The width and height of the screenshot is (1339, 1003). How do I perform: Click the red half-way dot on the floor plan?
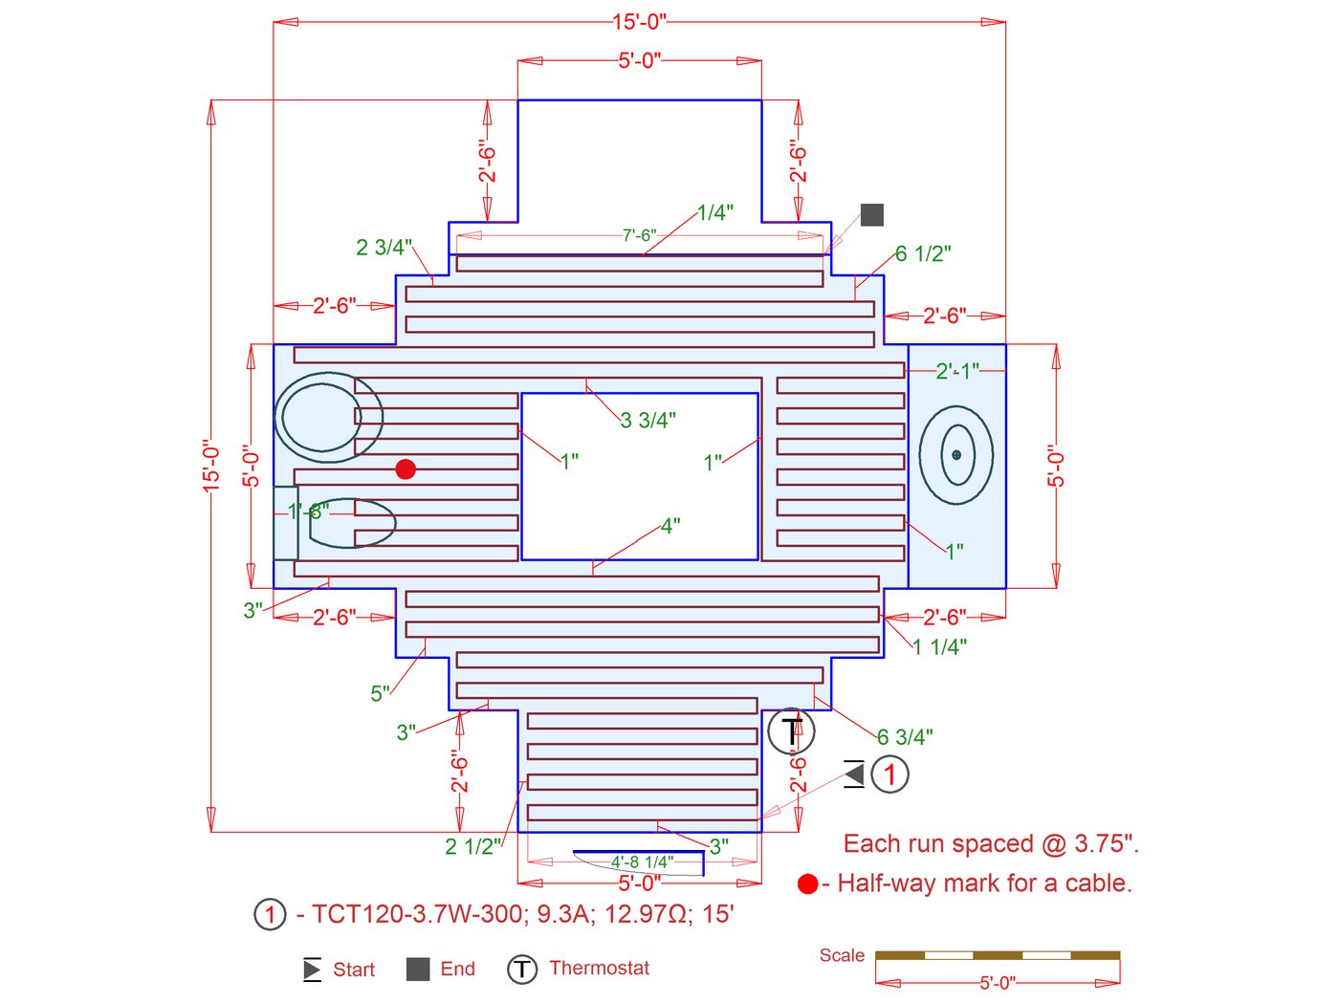(x=406, y=469)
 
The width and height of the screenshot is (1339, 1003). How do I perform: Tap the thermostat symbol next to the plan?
(x=791, y=730)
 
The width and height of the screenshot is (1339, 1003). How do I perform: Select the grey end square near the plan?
(x=871, y=214)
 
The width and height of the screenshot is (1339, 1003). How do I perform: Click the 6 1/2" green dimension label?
(x=923, y=253)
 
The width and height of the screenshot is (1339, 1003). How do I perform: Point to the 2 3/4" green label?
(x=384, y=247)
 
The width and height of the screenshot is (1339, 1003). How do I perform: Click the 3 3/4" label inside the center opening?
(x=648, y=420)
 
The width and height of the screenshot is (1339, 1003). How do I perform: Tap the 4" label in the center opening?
(x=670, y=526)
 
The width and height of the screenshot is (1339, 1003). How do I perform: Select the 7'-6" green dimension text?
(x=639, y=235)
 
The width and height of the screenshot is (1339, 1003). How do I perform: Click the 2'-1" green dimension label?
(x=957, y=370)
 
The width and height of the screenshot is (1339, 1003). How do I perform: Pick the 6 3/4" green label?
(x=905, y=737)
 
